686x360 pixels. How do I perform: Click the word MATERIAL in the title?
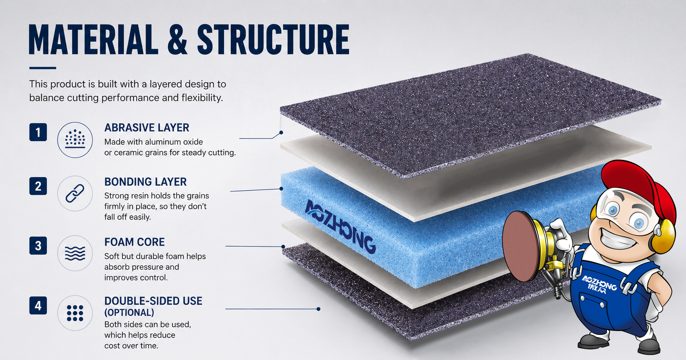point(93,39)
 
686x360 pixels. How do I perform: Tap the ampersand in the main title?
point(177,39)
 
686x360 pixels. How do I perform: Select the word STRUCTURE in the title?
point(273,39)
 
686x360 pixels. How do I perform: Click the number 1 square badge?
point(38,132)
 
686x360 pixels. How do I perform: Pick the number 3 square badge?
point(38,245)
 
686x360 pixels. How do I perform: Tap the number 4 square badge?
point(38,306)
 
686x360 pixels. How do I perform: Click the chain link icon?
point(75,193)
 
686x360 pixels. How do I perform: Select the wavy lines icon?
point(75,253)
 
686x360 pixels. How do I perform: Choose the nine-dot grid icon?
point(75,313)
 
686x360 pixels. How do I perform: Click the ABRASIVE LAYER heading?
point(146,127)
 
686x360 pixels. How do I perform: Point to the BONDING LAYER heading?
point(146,182)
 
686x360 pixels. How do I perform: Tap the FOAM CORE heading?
point(134,242)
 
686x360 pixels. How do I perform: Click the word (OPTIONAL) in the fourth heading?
point(129,313)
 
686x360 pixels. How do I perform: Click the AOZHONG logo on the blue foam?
point(340,226)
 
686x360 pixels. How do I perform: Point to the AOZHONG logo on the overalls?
point(599,284)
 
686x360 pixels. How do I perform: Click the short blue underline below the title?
point(42,68)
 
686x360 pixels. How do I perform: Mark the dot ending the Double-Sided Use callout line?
point(318,309)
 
